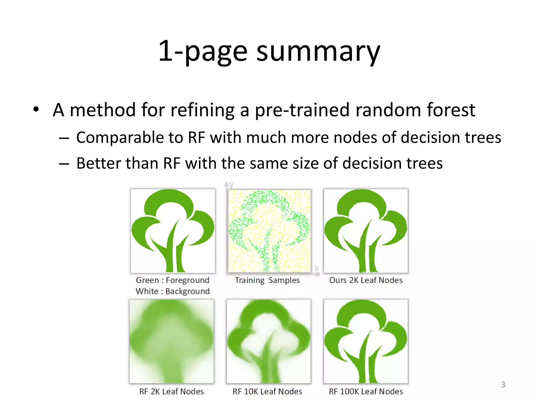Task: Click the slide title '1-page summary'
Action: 269,51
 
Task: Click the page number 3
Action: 503,384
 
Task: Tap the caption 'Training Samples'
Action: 267,280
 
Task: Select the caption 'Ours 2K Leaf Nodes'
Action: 366,280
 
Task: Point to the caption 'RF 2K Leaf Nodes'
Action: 172,391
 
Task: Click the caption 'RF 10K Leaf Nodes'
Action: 267,391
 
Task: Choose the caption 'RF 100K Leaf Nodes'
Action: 366,391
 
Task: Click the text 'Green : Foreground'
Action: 173,280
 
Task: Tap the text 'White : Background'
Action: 173,291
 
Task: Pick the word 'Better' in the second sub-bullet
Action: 99,163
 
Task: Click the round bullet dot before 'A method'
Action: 36,109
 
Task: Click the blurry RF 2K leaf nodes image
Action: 172,341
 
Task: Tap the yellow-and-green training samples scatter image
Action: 269,231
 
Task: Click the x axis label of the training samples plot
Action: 317,268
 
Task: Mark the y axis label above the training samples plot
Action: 231,185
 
